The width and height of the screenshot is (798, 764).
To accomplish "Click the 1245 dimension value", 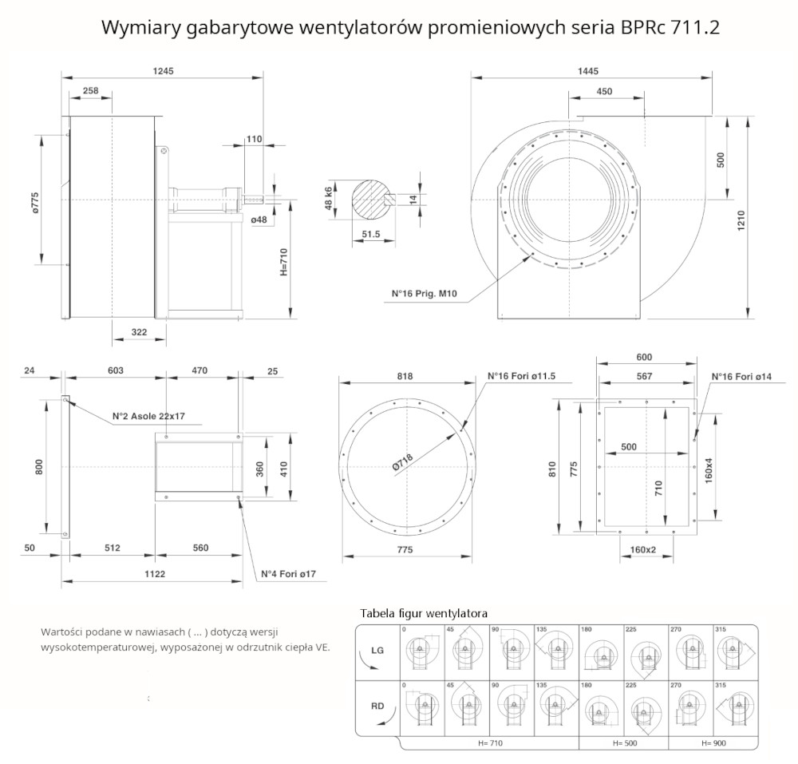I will [x=163, y=71].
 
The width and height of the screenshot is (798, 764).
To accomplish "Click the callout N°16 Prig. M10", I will [x=424, y=294].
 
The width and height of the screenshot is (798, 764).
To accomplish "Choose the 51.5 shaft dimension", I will [x=371, y=234].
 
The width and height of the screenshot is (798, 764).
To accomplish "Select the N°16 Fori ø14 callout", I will [x=741, y=376].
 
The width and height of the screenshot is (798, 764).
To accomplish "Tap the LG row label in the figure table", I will [x=377, y=650].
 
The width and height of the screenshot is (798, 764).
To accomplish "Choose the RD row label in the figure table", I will [x=377, y=706].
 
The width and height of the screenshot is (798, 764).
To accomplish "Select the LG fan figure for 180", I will [x=601, y=653].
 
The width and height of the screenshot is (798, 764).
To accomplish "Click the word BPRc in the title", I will [x=634, y=28].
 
